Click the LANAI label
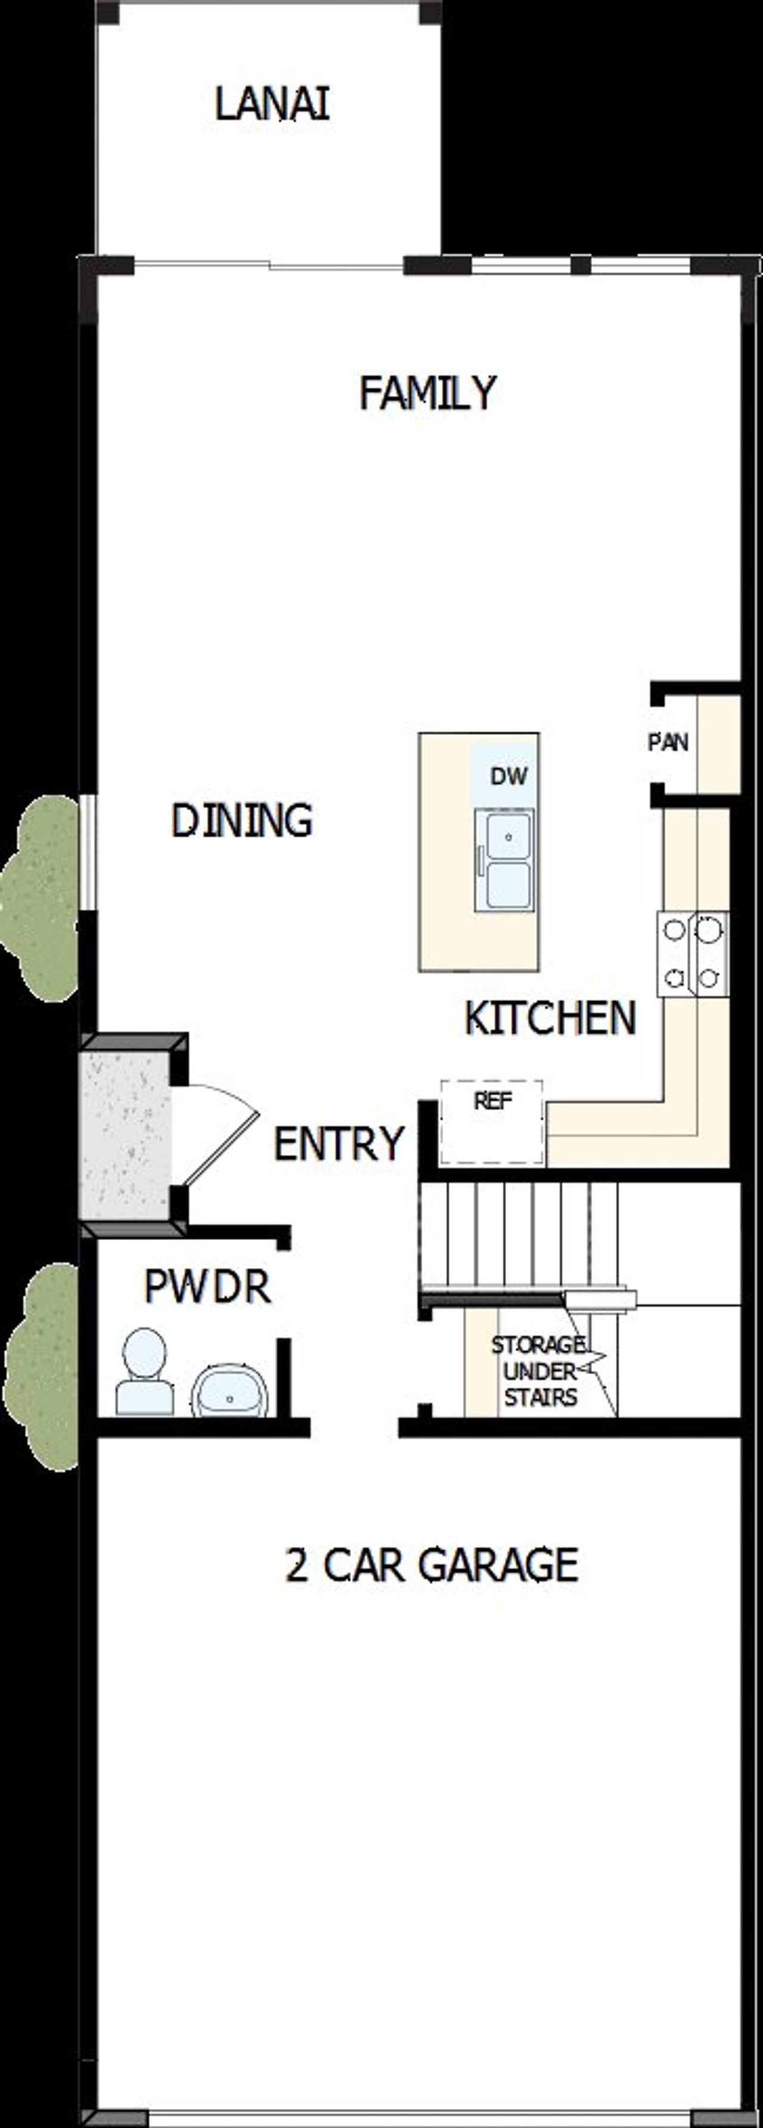point(272,105)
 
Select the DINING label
point(242,820)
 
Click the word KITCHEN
point(550,1018)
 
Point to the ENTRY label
point(339,1144)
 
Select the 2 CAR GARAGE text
point(431,1564)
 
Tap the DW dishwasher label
point(508,776)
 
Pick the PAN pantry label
point(667,742)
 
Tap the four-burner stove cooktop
point(693,953)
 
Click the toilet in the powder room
point(144,1373)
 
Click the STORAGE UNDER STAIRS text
point(539,1371)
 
